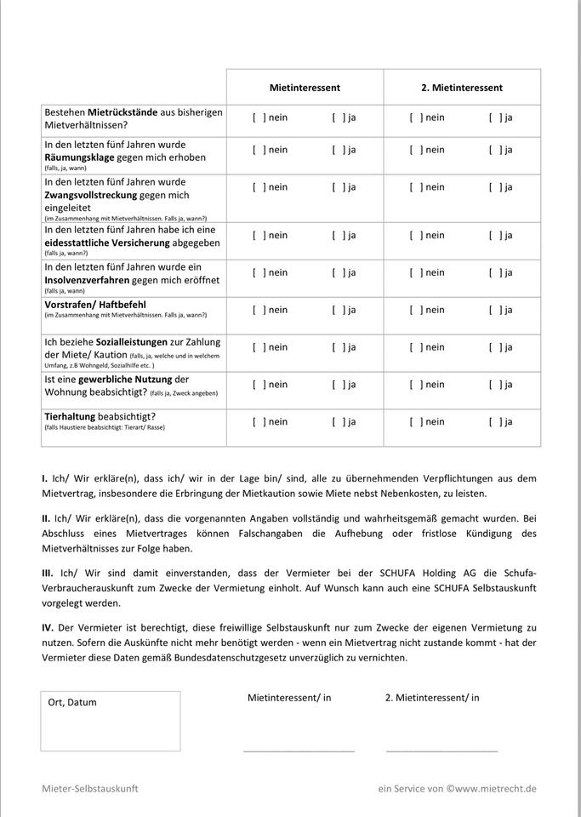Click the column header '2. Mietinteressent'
462,88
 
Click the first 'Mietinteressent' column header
305,88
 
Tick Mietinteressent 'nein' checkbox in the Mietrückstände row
258,118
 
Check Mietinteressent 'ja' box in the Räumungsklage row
338,151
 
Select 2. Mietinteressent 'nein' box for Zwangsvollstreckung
415,188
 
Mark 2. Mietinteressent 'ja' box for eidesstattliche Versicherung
494,236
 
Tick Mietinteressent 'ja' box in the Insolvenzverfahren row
338,273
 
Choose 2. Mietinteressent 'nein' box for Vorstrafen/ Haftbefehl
415,311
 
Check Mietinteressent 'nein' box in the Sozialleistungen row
258,348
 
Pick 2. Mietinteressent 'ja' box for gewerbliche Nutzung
494,386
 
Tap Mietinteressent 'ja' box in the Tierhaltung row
338,423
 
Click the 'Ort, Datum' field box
111,722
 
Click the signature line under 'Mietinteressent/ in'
299,750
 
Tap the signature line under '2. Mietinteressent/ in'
441,750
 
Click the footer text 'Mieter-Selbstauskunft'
90,789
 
